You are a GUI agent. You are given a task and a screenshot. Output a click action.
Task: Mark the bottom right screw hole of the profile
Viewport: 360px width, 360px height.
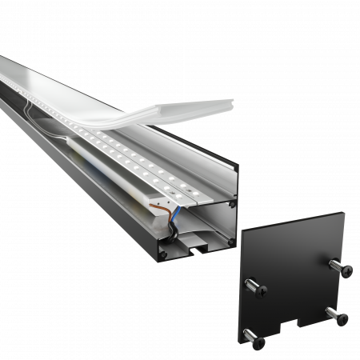232,239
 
